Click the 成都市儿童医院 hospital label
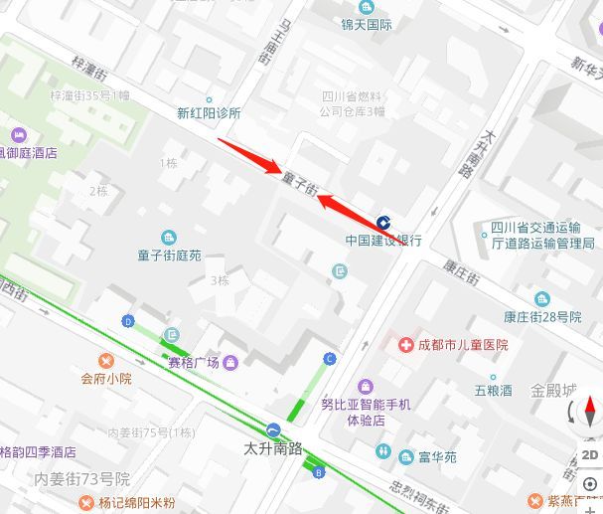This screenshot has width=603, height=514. click(x=463, y=345)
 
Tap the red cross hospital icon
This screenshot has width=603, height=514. click(x=405, y=345)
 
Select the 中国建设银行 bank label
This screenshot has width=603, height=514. click(x=383, y=240)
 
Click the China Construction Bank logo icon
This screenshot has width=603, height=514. click(x=383, y=223)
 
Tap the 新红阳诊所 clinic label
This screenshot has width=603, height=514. click(x=209, y=113)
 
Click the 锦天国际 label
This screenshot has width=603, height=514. click(x=367, y=25)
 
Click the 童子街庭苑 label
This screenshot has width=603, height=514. click(x=169, y=256)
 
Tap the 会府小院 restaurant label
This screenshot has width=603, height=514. click(x=106, y=378)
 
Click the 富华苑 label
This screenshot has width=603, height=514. click(x=437, y=457)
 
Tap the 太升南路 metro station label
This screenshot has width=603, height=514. click(x=273, y=447)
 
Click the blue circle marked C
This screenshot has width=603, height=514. click(x=330, y=358)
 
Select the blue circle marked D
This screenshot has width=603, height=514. click(x=128, y=320)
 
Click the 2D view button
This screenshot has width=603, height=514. click(x=590, y=454)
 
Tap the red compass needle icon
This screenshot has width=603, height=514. click(x=590, y=412)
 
